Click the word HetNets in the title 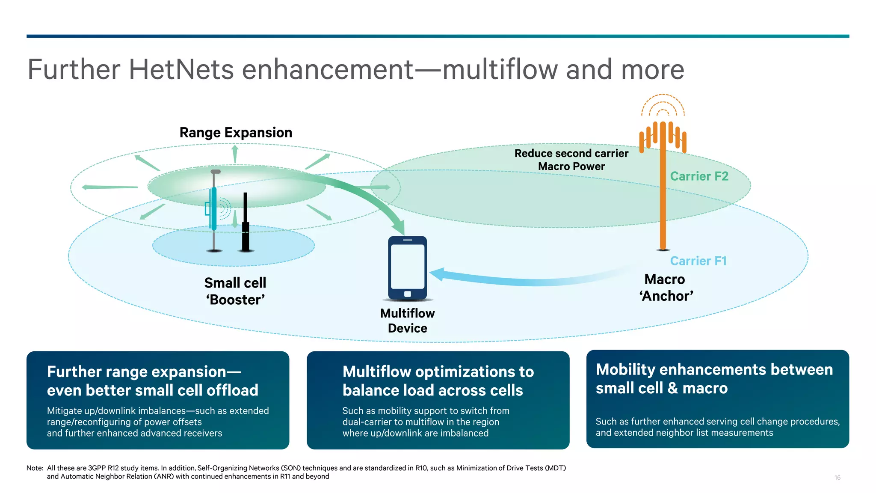181,70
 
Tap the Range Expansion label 236,133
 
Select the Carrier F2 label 699,176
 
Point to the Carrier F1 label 698,261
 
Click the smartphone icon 407,267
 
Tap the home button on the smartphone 407,294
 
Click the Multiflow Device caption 407,321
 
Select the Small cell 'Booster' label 235,291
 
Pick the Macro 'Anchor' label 666,288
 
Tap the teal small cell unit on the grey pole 213,208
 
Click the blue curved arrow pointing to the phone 513,280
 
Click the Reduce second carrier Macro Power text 571,160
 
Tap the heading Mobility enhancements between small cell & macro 714,379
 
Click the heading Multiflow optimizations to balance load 438,381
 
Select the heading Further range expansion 152,381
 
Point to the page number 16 837,478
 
